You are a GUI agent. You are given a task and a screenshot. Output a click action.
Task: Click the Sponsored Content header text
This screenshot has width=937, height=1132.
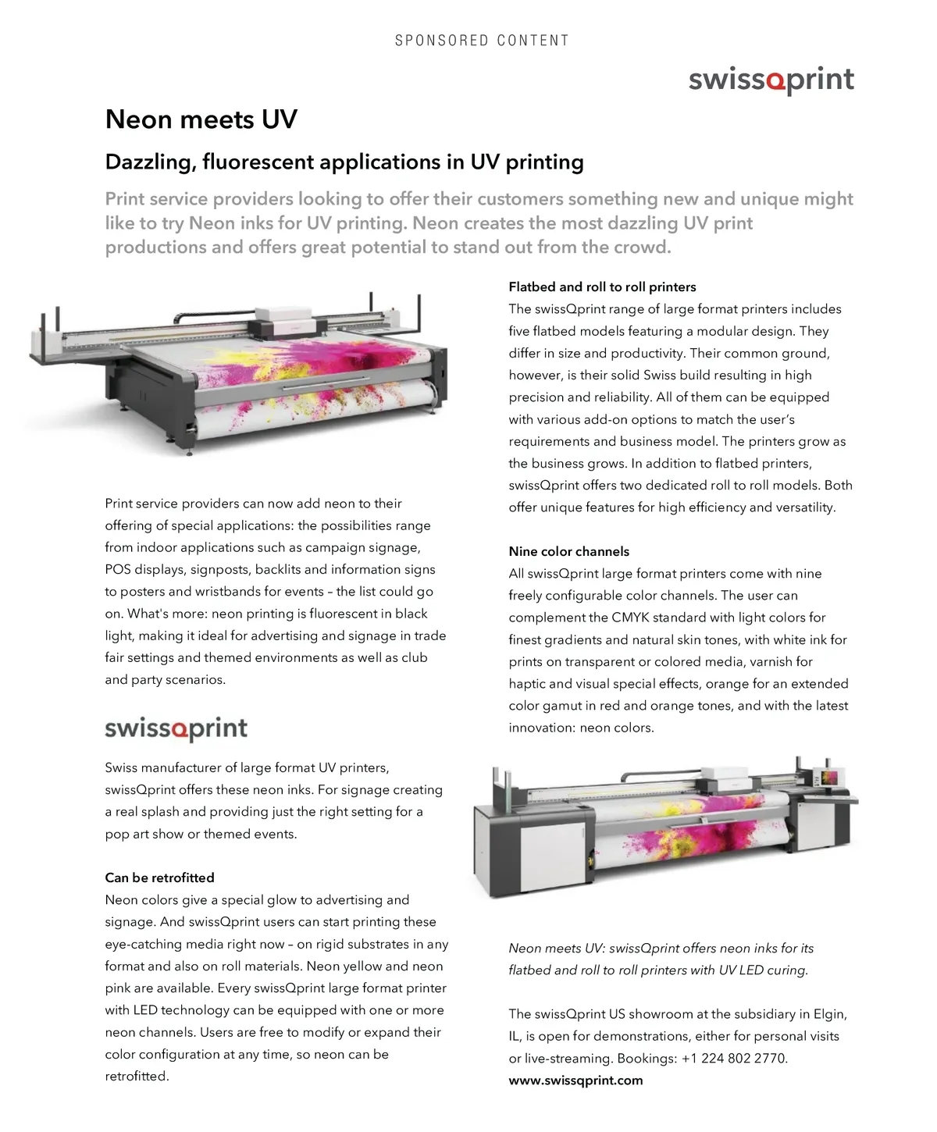pyautogui.click(x=482, y=41)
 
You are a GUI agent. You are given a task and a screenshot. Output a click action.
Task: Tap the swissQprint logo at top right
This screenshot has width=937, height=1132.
pyautogui.click(x=771, y=80)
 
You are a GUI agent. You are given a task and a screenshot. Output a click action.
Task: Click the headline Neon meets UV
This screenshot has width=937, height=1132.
pyautogui.click(x=201, y=119)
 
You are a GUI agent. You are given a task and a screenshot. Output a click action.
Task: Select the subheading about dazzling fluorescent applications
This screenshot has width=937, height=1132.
pyautogui.click(x=344, y=162)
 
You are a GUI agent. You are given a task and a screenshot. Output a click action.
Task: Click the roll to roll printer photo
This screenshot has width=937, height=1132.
pyautogui.click(x=664, y=828)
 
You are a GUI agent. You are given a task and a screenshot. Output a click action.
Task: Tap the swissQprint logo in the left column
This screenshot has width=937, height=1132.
pyautogui.click(x=176, y=728)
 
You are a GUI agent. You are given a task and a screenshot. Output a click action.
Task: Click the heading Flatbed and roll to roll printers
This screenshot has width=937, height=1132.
pyautogui.click(x=602, y=287)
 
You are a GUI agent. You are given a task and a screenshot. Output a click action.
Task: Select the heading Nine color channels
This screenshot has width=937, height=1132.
pyautogui.click(x=568, y=551)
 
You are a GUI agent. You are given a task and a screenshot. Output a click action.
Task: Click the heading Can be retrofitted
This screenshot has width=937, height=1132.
pyautogui.click(x=159, y=877)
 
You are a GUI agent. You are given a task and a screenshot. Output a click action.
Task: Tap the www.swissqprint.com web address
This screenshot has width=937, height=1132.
pyautogui.click(x=575, y=1080)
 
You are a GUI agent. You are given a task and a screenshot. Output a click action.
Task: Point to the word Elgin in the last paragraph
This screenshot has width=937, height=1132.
pyautogui.click(x=829, y=1014)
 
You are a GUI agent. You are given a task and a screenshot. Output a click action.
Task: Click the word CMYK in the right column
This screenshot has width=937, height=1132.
pyautogui.click(x=630, y=618)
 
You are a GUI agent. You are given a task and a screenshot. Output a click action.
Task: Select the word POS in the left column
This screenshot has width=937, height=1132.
pyautogui.click(x=118, y=570)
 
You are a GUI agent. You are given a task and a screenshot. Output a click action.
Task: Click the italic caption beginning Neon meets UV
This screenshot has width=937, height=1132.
pyautogui.click(x=661, y=959)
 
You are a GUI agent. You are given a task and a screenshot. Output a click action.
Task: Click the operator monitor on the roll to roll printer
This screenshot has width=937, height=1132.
pyautogui.click(x=825, y=778)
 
